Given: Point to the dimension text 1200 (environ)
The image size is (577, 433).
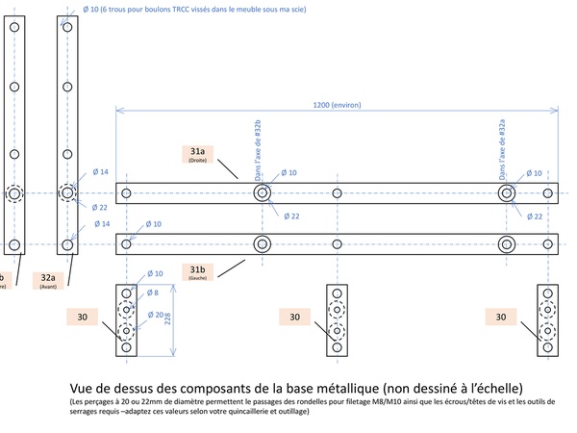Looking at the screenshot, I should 332,107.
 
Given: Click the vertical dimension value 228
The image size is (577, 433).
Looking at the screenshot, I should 169,319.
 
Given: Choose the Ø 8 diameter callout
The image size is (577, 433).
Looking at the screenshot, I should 152,292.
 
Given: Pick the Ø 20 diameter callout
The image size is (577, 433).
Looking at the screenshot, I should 153,314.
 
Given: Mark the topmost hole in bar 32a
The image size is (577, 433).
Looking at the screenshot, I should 67,27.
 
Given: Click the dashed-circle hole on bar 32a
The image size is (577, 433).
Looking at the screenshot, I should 67,193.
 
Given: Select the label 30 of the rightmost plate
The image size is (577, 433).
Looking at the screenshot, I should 501,315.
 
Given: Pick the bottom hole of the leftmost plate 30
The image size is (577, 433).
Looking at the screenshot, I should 126,347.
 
